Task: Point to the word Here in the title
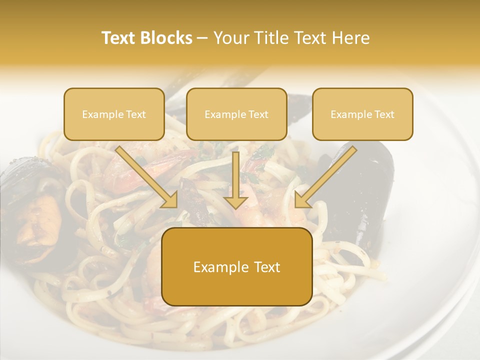coord(351,38)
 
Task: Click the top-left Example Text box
coord(114,114)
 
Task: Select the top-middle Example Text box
coord(236,114)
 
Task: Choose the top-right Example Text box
coord(362,114)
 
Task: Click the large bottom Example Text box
coord(237,266)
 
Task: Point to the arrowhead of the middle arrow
coord(236,201)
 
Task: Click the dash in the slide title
coord(202,38)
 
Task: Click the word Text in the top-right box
coord(384,114)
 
